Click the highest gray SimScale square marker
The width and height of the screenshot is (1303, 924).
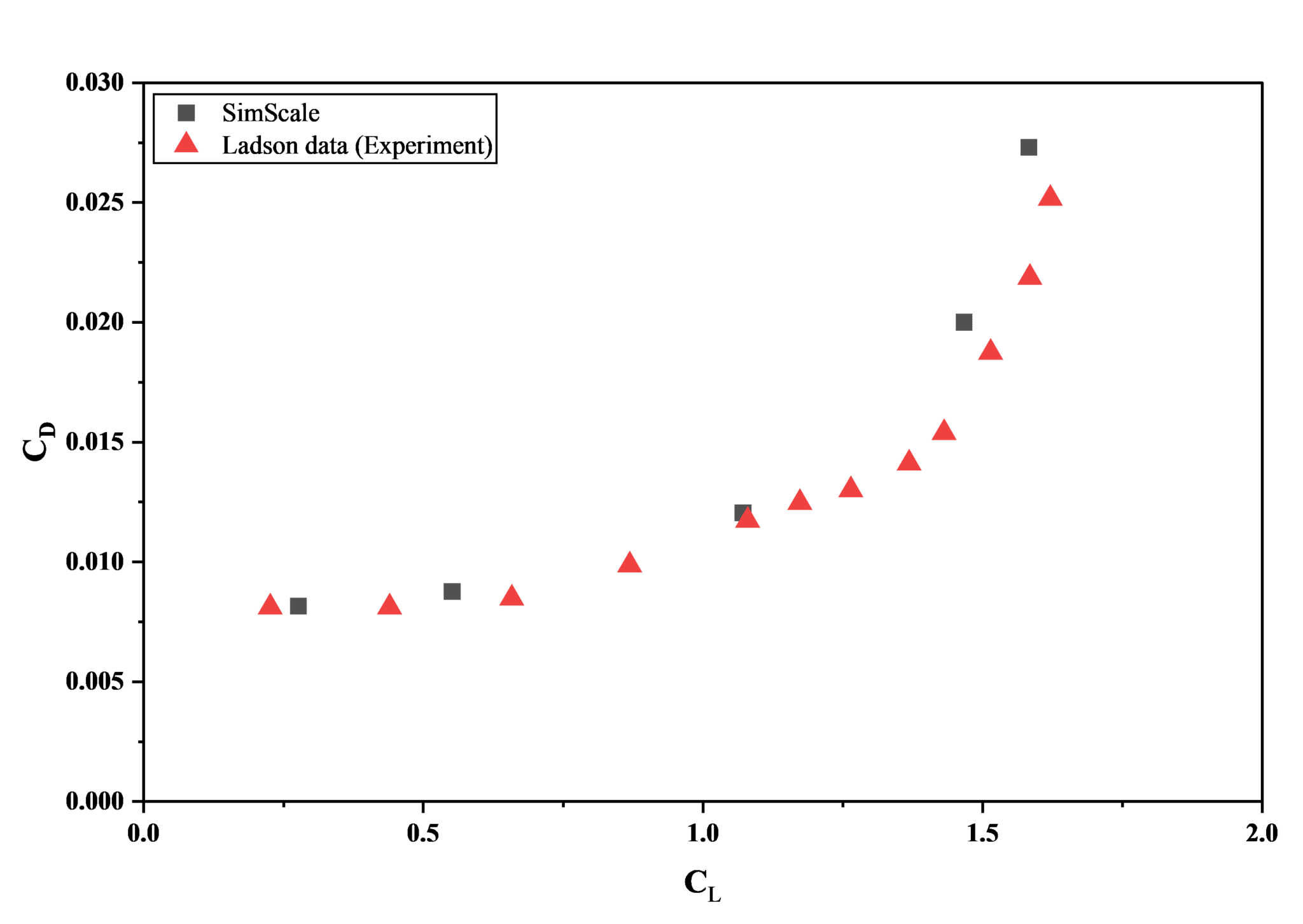click(1028, 148)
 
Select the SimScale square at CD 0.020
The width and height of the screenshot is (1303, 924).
click(964, 322)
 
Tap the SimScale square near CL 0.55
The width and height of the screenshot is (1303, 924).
click(452, 591)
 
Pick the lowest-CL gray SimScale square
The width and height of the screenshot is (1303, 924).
click(298, 606)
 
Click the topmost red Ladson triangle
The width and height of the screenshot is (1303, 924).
click(1050, 197)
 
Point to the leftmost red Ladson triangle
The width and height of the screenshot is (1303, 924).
click(270, 605)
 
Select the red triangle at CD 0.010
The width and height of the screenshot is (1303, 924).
click(629, 563)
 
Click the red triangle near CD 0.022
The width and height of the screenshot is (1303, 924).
click(1029, 276)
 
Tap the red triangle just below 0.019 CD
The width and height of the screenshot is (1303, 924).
click(990, 350)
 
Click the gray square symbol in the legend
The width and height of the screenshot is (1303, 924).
click(186, 113)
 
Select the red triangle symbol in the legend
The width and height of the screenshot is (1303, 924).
click(186, 144)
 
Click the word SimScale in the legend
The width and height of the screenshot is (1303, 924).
click(270, 113)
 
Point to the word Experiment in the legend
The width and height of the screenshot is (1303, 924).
click(422, 146)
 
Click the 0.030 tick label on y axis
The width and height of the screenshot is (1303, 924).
click(95, 82)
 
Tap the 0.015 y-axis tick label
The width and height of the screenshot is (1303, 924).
click(95, 442)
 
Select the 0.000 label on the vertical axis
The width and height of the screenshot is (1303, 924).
click(95, 801)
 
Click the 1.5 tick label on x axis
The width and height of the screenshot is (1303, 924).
click(982, 834)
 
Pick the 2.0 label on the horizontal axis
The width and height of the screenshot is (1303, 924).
click(1262, 834)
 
